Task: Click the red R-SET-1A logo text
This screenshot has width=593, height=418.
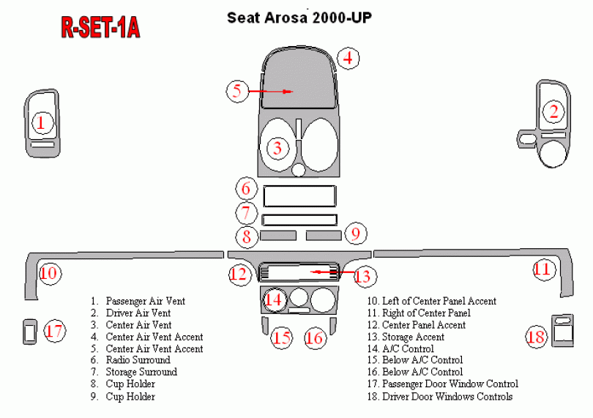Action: click(x=100, y=27)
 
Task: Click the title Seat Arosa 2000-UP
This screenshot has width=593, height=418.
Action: click(x=299, y=18)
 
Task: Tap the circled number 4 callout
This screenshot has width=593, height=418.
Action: click(x=348, y=59)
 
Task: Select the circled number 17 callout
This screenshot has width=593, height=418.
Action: click(x=54, y=331)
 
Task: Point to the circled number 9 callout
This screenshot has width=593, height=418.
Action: click(x=355, y=234)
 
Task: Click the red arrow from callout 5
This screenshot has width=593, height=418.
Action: click(x=270, y=92)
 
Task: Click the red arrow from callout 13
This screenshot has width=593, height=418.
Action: click(x=332, y=272)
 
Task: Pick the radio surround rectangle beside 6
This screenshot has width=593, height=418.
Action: click(x=299, y=196)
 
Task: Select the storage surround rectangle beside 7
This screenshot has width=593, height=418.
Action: click(x=299, y=220)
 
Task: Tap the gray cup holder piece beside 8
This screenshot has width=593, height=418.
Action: click(x=278, y=236)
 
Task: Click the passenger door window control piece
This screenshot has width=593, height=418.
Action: click(x=30, y=332)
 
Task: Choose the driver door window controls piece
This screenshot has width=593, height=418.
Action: click(x=562, y=330)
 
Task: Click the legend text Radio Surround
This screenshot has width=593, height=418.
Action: click(x=138, y=360)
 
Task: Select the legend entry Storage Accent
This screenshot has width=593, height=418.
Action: click(x=413, y=337)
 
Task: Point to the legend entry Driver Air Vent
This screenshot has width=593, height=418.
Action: click(x=138, y=313)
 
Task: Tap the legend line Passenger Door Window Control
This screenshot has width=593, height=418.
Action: click(x=450, y=384)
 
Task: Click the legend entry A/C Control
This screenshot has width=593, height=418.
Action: click(x=408, y=348)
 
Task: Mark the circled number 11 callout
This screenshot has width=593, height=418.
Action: click(x=544, y=269)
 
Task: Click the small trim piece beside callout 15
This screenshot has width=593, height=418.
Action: click(x=265, y=326)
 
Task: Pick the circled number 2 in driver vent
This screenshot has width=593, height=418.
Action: click(x=553, y=111)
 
